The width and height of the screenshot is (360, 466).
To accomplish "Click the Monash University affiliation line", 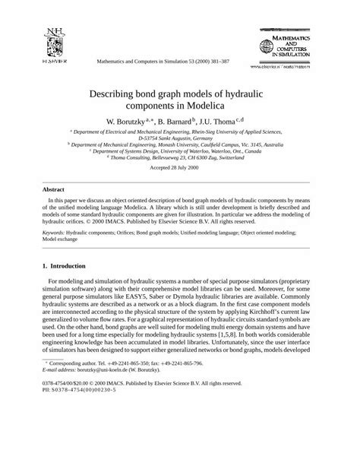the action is click(x=180, y=144).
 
